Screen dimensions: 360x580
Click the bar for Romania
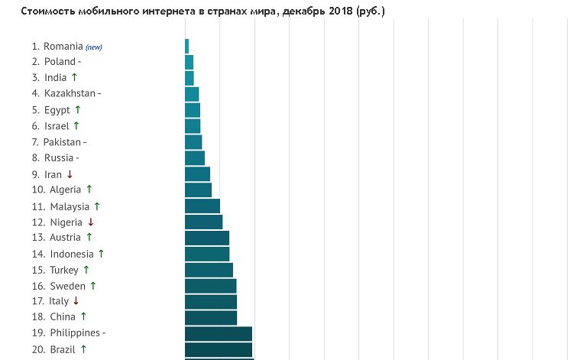(x=186, y=46)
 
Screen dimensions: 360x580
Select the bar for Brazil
(x=219, y=349)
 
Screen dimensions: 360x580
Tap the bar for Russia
(x=195, y=158)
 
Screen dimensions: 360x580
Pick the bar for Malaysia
(x=203, y=206)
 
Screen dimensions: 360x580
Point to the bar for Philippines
(x=219, y=333)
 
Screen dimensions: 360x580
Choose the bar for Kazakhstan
(x=192, y=94)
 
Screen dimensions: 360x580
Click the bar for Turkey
(x=209, y=270)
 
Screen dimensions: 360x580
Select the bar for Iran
(x=197, y=174)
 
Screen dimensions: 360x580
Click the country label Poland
(x=60, y=62)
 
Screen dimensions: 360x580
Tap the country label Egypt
(x=57, y=110)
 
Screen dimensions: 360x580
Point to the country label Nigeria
(x=66, y=222)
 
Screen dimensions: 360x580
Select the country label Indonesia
(x=72, y=254)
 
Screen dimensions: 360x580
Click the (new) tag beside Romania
(x=94, y=47)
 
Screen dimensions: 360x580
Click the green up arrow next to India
(x=74, y=77)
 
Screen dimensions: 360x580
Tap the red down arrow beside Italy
(x=76, y=301)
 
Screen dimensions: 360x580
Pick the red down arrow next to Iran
(x=70, y=174)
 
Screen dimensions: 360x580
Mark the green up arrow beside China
(x=83, y=316)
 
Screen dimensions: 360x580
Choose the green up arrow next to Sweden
(x=93, y=285)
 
